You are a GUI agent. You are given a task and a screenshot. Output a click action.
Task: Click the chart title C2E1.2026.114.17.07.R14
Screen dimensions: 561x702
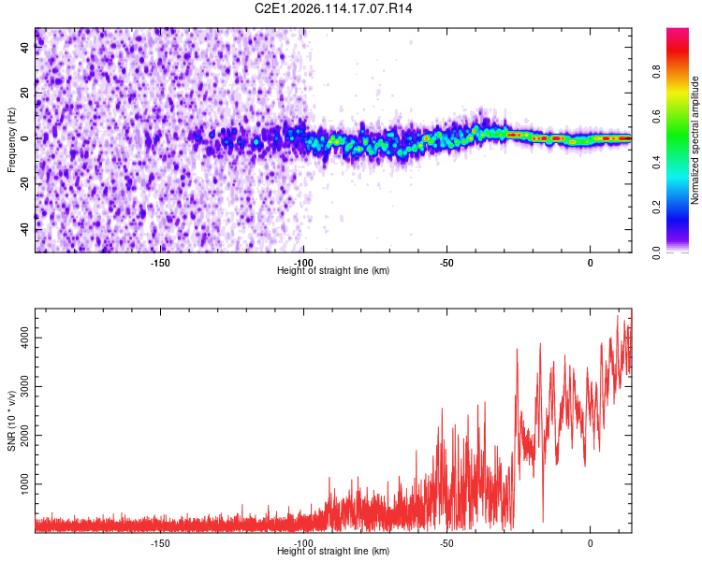pyautogui.click(x=333, y=8)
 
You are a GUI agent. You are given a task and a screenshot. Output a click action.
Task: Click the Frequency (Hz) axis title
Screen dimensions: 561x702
pyautogui.click(x=11, y=140)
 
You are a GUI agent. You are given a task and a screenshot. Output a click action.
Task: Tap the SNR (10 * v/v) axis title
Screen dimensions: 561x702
pyautogui.click(x=11, y=421)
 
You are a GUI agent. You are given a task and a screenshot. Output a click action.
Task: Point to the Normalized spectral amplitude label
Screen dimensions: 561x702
pyautogui.click(x=695, y=140)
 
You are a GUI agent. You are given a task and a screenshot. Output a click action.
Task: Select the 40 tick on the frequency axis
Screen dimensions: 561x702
pyautogui.click(x=24, y=49)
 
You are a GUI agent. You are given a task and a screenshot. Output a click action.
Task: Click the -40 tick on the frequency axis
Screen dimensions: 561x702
pyautogui.click(x=24, y=228)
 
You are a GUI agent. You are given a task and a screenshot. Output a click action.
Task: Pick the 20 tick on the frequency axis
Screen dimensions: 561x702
pyautogui.click(x=24, y=93)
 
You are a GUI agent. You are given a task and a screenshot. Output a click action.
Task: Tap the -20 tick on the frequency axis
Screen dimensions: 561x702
pyautogui.click(x=24, y=183)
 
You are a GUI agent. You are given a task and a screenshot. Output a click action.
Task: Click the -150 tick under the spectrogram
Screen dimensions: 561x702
pyautogui.click(x=160, y=263)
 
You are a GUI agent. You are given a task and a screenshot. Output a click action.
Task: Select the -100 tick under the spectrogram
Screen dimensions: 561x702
pyautogui.click(x=303, y=263)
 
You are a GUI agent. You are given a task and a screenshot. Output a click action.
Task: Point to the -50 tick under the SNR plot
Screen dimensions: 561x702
pyautogui.click(x=446, y=543)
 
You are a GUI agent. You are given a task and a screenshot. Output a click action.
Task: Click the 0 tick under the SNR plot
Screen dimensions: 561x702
pyautogui.click(x=590, y=543)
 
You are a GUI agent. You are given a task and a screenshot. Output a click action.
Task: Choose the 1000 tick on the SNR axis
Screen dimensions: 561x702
pyautogui.click(x=24, y=484)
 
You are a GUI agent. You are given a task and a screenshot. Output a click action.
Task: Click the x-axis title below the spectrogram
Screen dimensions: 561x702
pyautogui.click(x=333, y=271)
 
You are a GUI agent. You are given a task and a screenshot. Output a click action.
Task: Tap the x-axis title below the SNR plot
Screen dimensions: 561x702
pyautogui.click(x=333, y=552)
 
